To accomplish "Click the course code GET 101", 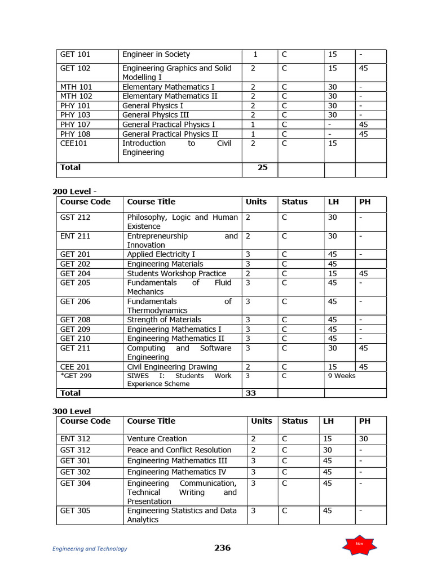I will point(75,55).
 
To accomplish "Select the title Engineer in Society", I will point(156,55).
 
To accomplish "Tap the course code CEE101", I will point(74,144).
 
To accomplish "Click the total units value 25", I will point(262,168).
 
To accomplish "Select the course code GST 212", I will point(75,218).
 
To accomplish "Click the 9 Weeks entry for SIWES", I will point(342,376).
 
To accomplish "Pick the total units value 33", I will point(251,393).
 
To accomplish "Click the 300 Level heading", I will point(72,411).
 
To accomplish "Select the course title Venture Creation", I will point(157,439).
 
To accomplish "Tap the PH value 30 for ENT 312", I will point(364,439).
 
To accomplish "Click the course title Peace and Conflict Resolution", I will point(179,450).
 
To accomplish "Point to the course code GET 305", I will point(75,511).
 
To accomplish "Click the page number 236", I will point(222,548).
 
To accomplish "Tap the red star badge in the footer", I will point(359,544).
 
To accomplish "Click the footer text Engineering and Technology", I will point(90,549).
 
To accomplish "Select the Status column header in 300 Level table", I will point(295,421).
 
